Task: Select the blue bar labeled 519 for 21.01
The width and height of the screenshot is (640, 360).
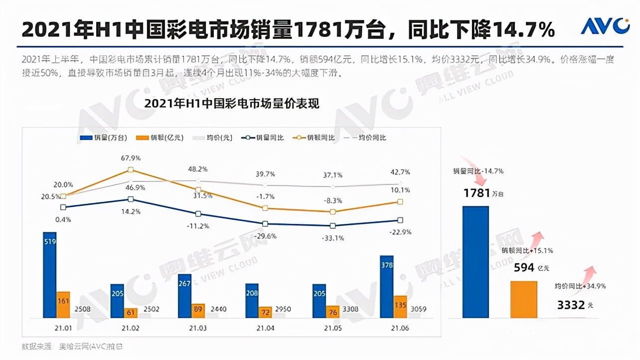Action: [x=49, y=275]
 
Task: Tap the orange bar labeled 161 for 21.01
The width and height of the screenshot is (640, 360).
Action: [x=63, y=305]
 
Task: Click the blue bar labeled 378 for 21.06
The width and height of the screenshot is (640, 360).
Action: [x=386, y=287]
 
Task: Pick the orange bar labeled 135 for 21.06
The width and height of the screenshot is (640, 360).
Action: [x=400, y=307]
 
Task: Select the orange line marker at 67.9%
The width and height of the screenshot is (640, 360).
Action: [x=131, y=171]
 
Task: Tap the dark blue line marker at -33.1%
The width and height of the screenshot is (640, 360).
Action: [x=333, y=226]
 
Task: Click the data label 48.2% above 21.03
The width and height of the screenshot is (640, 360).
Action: [x=198, y=169]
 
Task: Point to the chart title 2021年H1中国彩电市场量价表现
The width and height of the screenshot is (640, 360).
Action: [x=231, y=104]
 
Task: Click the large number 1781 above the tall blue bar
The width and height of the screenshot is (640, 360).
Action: [x=477, y=193]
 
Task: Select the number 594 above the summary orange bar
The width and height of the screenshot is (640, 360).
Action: [x=524, y=268]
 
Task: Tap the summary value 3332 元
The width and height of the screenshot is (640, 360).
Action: [x=573, y=304]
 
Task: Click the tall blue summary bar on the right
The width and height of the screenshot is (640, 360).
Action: [x=476, y=262]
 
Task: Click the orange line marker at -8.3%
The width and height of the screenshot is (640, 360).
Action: [x=333, y=212]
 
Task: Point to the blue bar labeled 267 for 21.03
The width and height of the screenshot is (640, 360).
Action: [x=184, y=296]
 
